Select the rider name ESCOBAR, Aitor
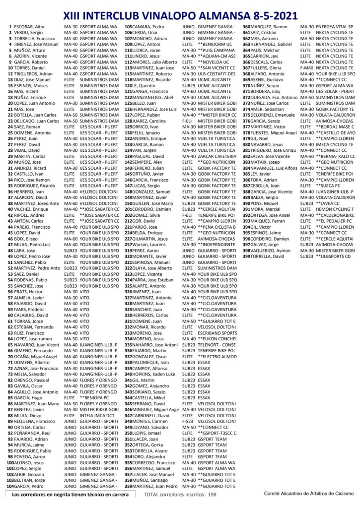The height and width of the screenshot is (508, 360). tap(30, 26)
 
